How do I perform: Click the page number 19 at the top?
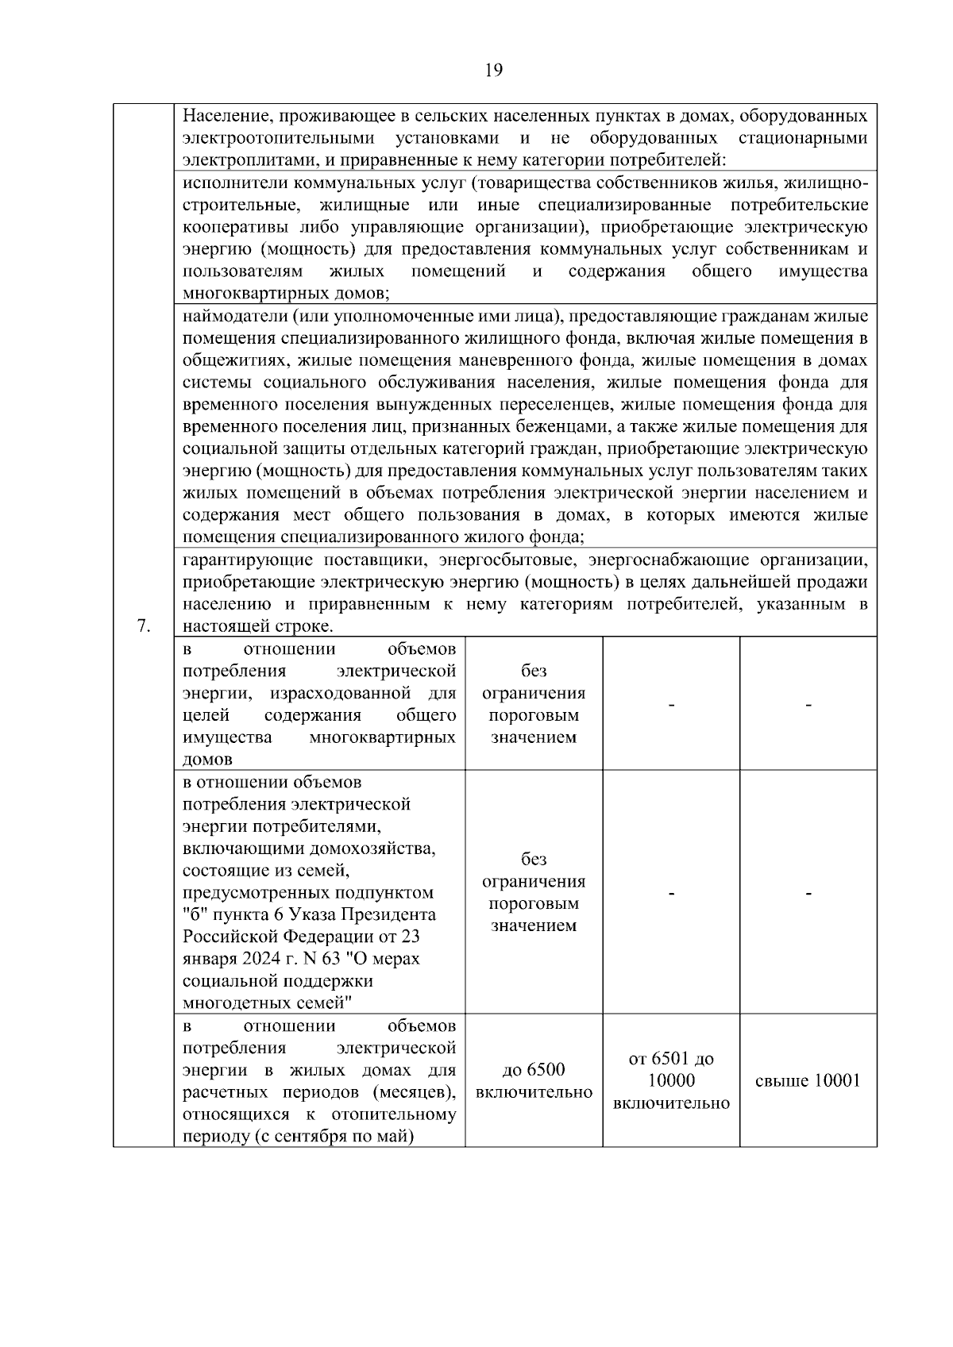coord(493,71)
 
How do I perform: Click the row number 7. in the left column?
coord(144,626)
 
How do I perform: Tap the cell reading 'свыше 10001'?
coord(808,1080)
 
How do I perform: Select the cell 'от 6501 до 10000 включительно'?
coord(671,1080)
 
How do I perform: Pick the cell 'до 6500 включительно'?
coord(534,1080)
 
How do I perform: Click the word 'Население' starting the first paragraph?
coord(226,116)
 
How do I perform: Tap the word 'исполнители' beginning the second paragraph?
coord(236,183)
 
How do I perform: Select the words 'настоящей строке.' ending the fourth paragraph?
coord(258,626)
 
